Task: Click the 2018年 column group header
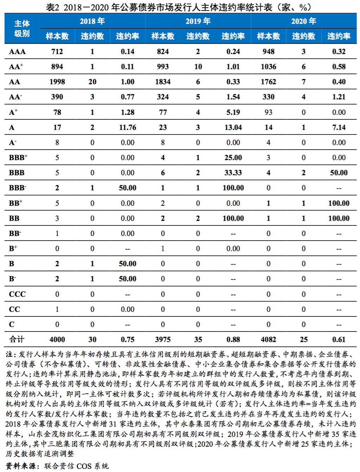click(x=92, y=21)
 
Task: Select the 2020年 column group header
click(x=304, y=21)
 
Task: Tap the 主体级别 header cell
click(x=22, y=28)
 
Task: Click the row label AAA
click(x=17, y=52)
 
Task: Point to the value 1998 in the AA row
click(x=57, y=82)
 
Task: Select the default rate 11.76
click(x=128, y=127)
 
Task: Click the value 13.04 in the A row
click(x=233, y=127)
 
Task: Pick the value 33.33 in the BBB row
click(x=233, y=173)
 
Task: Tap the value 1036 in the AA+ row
click(x=269, y=67)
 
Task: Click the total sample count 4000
click(x=57, y=340)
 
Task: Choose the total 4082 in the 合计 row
click(x=269, y=340)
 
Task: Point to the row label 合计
click(x=17, y=340)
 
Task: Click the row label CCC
click(x=17, y=294)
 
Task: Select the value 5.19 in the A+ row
click(x=233, y=112)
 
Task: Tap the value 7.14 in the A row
click(x=339, y=127)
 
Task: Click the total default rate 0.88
click(x=233, y=340)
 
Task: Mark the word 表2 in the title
click(x=53, y=7)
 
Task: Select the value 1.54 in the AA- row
click(x=233, y=97)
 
